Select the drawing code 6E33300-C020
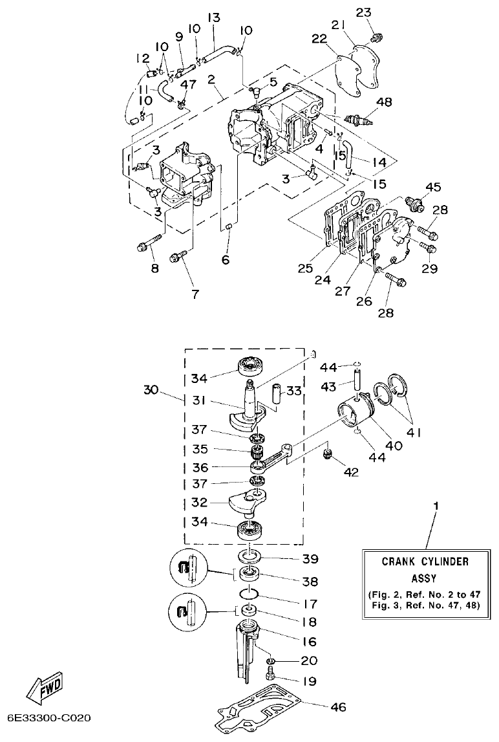click(49, 718)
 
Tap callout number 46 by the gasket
click(339, 707)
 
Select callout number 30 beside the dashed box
click(151, 391)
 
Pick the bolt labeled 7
click(178, 257)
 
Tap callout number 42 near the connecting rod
click(351, 473)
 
